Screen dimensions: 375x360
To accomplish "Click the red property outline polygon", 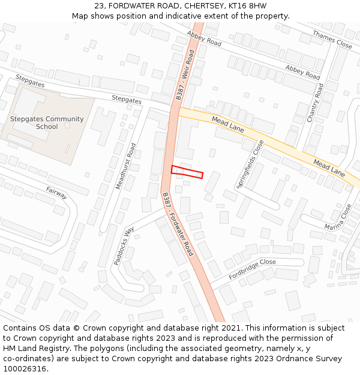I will (x=187, y=172).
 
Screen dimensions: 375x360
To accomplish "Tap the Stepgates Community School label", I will (x=47, y=123).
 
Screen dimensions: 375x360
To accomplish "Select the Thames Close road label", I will (x=332, y=40).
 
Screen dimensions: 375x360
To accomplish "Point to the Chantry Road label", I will (x=316, y=103).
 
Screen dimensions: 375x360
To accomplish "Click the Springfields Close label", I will (x=251, y=164).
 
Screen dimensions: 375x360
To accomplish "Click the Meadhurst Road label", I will (x=125, y=166).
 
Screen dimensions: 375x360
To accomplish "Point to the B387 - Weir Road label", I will (x=185, y=75).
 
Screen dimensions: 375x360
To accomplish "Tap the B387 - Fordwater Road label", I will (x=178, y=224).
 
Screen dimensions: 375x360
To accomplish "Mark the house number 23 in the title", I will (x=99, y=6).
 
